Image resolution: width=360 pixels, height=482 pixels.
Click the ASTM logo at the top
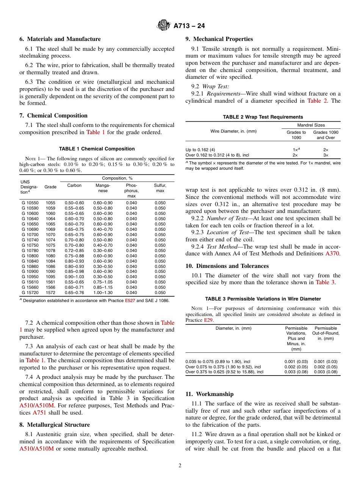(x=164, y=26)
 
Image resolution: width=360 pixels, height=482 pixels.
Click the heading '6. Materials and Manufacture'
(x=60, y=39)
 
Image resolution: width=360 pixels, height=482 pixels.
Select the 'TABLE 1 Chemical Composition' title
(x=97, y=149)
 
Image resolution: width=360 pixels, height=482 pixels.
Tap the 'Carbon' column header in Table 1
(x=74, y=186)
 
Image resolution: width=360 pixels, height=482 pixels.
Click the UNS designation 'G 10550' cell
(x=30, y=203)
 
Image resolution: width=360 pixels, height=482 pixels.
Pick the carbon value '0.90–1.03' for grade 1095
(x=74, y=277)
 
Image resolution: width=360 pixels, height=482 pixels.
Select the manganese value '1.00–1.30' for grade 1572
(x=103, y=293)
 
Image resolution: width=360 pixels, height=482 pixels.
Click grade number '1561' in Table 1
(x=50, y=282)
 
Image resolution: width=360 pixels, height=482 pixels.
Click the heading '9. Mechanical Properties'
(x=219, y=39)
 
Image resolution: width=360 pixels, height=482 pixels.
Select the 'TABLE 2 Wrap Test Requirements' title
(x=263, y=117)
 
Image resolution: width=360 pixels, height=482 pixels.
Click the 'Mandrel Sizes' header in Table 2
(x=311, y=125)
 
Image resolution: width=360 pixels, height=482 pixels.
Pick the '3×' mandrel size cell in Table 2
(x=326, y=155)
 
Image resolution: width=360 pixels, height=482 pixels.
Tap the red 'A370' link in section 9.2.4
(x=333, y=254)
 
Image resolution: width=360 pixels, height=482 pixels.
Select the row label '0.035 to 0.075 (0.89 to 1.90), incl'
(x=218, y=361)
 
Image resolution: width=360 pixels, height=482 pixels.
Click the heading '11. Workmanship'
(x=210, y=394)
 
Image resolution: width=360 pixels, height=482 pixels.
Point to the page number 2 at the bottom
(x=180, y=466)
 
